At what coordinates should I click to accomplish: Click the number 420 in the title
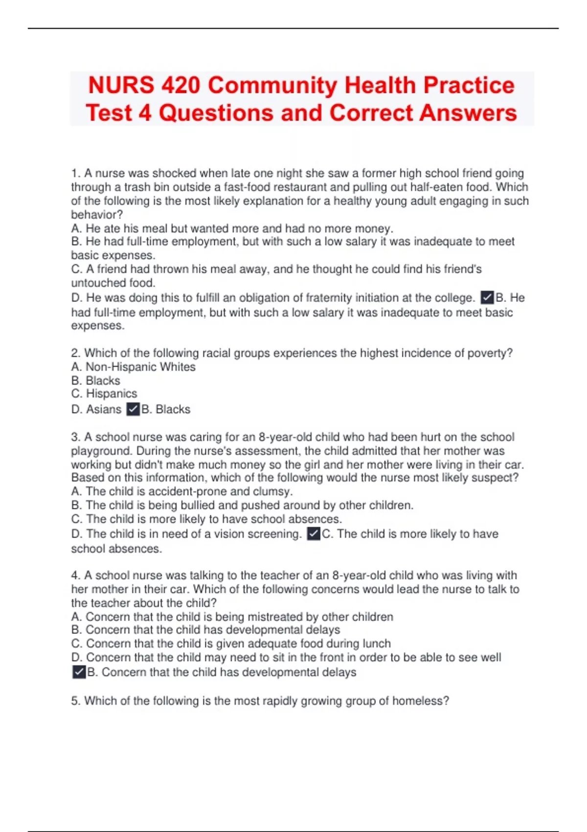pos(181,85)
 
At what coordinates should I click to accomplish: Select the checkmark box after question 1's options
pos(487,298)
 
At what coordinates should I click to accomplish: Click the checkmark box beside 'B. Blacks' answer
pos(133,409)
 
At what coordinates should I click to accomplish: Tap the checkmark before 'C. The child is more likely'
pos(314,534)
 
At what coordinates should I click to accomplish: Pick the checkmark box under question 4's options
pos(79,672)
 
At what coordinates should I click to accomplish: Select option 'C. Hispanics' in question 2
pos(104,394)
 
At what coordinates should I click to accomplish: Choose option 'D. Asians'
pos(96,410)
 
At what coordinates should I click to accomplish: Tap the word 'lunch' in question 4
pos(376,644)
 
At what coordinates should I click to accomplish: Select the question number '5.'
pos(76,701)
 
